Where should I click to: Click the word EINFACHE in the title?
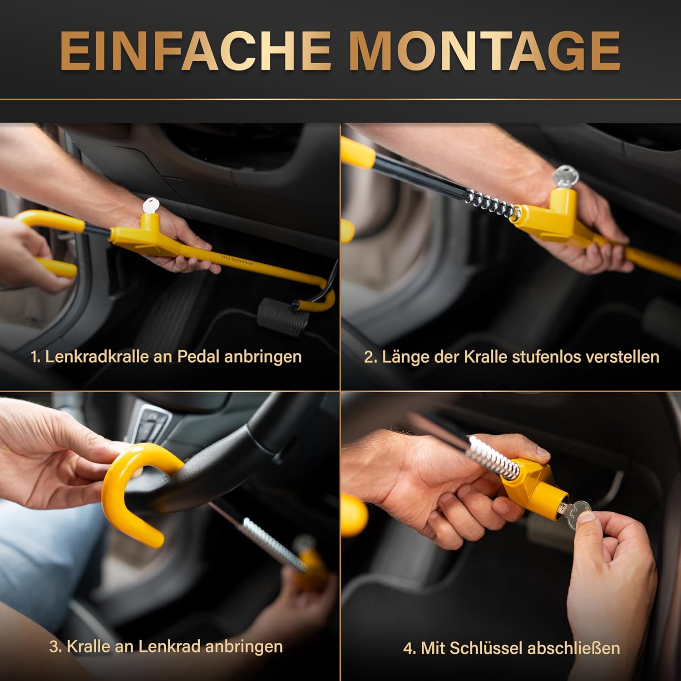tap(196, 51)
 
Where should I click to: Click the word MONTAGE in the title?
tap(484, 51)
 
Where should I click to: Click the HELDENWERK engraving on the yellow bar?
tap(237, 259)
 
